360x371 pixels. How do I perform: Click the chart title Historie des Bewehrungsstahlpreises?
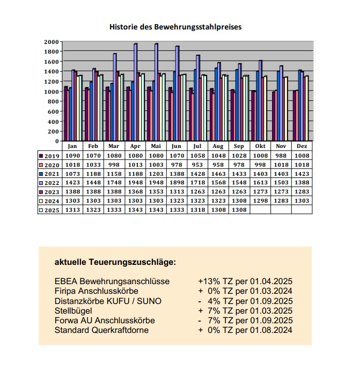(x=175, y=27)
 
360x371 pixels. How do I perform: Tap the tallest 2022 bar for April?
(x=135, y=92)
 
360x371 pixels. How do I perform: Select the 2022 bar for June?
(x=177, y=93)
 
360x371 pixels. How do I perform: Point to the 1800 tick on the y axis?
(x=51, y=51)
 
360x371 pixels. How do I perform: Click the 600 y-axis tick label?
(x=53, y=112)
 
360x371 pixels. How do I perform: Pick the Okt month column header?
(x=260, y=146)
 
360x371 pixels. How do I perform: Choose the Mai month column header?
(x=156, y=146)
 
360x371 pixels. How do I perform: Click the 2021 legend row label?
(x=52, y=174)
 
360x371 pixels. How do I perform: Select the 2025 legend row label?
(x=52, y=210)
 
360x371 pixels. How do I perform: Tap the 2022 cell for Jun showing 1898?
(x=177, y=183)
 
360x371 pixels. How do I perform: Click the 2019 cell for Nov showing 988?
(x=281, y=155)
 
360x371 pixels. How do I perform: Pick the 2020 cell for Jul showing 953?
(x=197, y=165)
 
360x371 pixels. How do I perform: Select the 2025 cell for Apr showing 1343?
(x=135, y=210)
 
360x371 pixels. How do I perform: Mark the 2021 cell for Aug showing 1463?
(x=218, y=174)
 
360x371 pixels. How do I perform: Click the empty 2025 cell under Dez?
(x=302, y=210)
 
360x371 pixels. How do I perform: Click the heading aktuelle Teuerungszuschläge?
(x=115, y=262)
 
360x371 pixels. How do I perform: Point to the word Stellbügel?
(x=73, y=310)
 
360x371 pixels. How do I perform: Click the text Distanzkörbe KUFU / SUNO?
(x=108, y=301)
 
